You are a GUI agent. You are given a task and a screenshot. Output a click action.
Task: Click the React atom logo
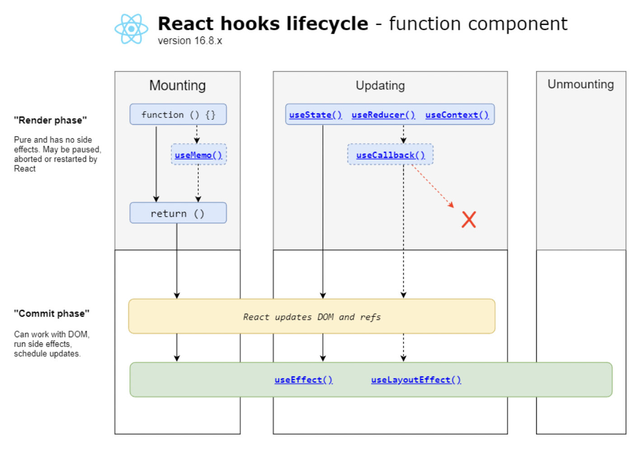click(x=131, y=29)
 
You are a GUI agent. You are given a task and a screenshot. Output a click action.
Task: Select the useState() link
click(x=316, y=115)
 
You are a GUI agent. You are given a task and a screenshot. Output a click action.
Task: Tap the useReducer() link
click(x=383, y=115)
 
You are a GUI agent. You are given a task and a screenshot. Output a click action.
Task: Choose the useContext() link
click(x=457, y=115)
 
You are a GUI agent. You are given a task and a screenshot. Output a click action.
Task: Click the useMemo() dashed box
click(x=198, y=154)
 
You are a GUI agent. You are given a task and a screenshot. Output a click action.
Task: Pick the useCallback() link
click(x=391, y=155)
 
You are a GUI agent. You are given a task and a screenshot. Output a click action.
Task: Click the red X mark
click(x=469, y=220)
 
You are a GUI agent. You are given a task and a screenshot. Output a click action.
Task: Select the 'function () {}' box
click(x=178, y=114)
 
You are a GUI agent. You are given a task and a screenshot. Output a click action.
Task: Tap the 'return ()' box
click(x=178, y=213)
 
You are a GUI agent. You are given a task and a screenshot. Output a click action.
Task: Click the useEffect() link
click(x=304, y=380)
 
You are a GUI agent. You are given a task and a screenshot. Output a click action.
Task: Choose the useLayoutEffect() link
click(x=416, y=380)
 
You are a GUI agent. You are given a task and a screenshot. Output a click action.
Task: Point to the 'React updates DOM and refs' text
click(x=312, y=317)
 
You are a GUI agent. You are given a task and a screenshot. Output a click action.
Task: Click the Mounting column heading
click(x=178, y=85)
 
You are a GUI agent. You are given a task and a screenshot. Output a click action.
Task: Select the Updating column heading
click(x=380, y=85)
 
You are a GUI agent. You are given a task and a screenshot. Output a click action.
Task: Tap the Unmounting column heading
click(x=580, y=84)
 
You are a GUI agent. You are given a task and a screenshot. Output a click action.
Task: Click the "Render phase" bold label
click(x=51, y=121)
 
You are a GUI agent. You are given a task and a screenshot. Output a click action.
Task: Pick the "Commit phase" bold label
click(x=52, y=314)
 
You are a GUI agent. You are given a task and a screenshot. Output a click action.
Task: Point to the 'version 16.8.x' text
click(x=190, y=41)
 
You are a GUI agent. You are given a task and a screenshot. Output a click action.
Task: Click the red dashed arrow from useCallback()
click(x=433, y=186)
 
